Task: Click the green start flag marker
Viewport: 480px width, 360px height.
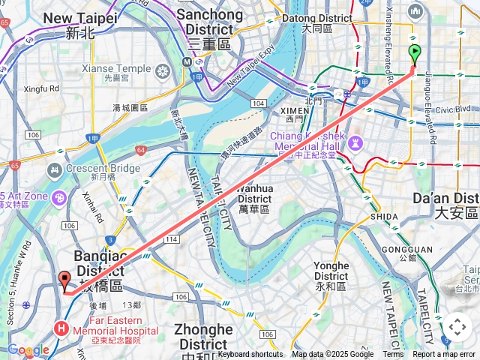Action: (415, 54)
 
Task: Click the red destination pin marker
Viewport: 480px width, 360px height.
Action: (64, 280)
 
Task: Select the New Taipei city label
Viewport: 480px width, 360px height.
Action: (79, 24)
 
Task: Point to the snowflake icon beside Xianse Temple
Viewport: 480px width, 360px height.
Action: (163, 71)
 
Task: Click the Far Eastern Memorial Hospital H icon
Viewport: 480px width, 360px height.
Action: (61, 328)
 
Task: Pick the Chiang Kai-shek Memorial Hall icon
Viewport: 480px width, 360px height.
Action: (355, 142)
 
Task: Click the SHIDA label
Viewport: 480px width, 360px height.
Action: (384, 216)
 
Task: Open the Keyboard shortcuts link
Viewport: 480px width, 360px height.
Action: (250, 354)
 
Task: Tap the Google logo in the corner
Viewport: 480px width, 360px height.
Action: (28, 350)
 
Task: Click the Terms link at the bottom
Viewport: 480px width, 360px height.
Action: (393, 354)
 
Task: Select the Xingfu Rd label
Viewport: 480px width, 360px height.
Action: (42, 88)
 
